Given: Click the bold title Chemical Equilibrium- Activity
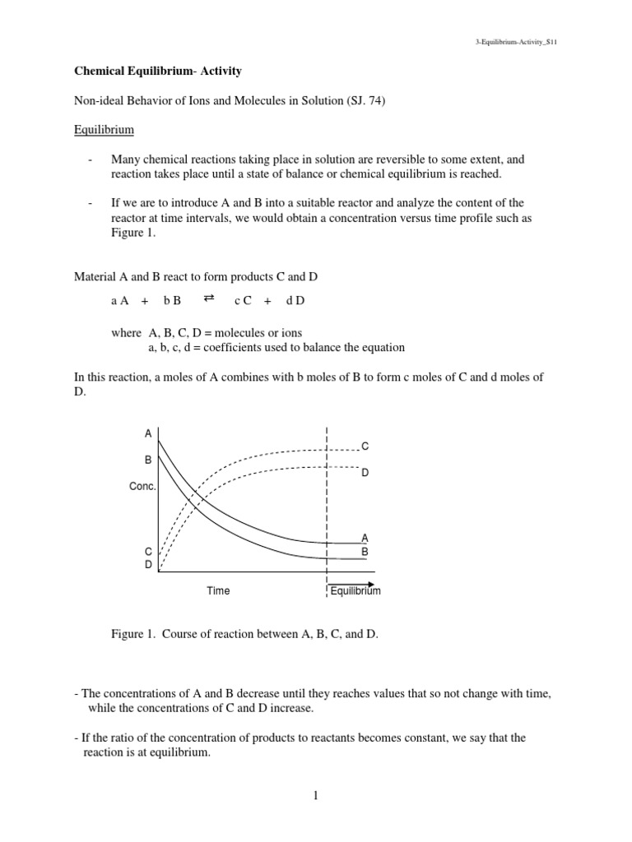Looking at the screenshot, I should [x=158, y=72].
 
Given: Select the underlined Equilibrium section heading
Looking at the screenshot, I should [x=105, y=130].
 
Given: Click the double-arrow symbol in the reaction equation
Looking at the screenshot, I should [x=208, y=299].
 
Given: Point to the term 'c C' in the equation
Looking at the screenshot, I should [x=243, y=301].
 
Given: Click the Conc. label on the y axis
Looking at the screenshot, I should [x=142, y=487].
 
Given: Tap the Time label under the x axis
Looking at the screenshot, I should [x=218, y=590].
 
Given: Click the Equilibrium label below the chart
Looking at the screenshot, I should [x=355, y=590].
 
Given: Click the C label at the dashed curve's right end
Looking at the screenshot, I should [x=365, y=446].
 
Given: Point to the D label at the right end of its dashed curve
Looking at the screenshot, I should [x=365, y=473].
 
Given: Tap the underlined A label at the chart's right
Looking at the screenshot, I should [x=365, y=538].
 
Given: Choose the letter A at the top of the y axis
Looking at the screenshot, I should [x=148, y=433].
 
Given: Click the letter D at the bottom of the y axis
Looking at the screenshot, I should [x=148, y=565].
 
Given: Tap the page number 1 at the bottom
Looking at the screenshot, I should [x=316, y=795].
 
